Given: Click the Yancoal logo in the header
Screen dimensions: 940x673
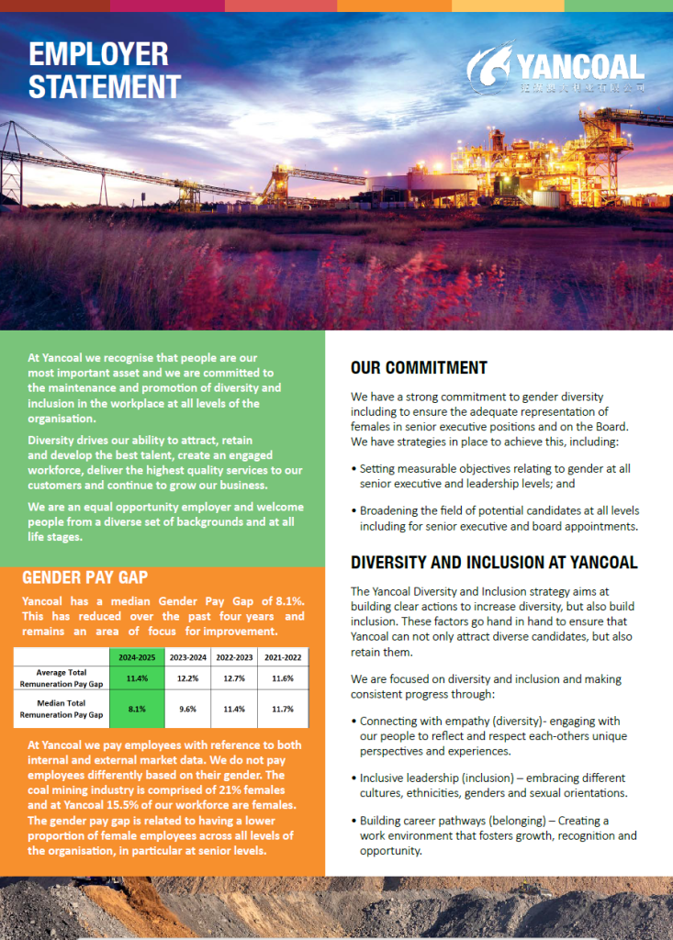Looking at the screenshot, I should pyautogui.click(x=555, y=68).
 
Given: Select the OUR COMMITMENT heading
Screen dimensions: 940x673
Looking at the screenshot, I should pyautogui.click(x=419, y=368).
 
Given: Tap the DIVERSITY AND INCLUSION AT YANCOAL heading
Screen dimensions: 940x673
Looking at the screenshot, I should pyautogui.click(x=494, y=563).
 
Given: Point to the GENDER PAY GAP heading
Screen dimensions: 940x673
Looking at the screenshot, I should pyautogui.click(x=85, y=577).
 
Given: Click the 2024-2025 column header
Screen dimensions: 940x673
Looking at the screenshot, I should pyautogui.click(x=136, y=657).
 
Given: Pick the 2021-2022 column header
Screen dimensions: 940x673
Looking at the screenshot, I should pyautogui.click(x=284, y=657).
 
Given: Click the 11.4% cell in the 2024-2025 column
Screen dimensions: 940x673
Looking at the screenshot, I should pyautogui.click(x=136, y=678).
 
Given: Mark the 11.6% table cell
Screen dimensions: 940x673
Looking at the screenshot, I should pyautogui.click(x=284, y=678).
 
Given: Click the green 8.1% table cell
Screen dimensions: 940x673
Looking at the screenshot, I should pyautogui.click(x=136, y=709).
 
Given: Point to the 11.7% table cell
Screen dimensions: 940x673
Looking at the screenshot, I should pyautogui.click(x=284, y=709).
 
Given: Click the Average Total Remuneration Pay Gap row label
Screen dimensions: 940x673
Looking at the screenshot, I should pyautogui.click(x=62, y=678).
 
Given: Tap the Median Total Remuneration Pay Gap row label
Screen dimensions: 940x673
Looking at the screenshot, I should pyautogui.click(x=62, y=709).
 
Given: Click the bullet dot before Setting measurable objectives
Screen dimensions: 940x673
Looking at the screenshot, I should pyautogui.click(x=354, y=468).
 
